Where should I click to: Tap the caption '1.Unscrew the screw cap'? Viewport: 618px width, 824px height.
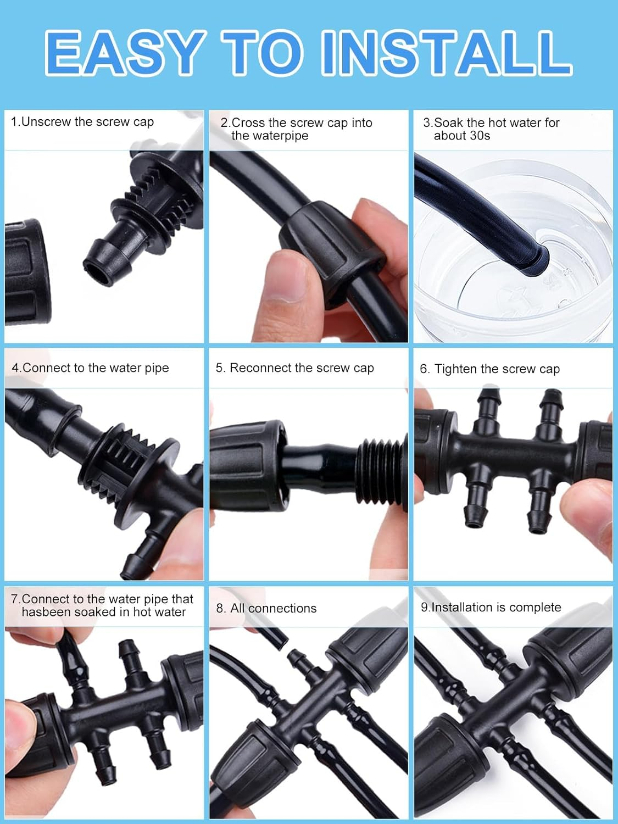(x=82, y=122)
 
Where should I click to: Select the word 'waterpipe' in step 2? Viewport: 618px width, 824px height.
(x=270, y=136)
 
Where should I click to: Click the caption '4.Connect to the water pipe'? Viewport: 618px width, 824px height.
(x=91, y=368)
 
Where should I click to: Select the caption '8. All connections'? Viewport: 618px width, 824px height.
(x=266, y=609)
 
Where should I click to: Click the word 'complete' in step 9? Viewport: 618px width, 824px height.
(x=535, y=608)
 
